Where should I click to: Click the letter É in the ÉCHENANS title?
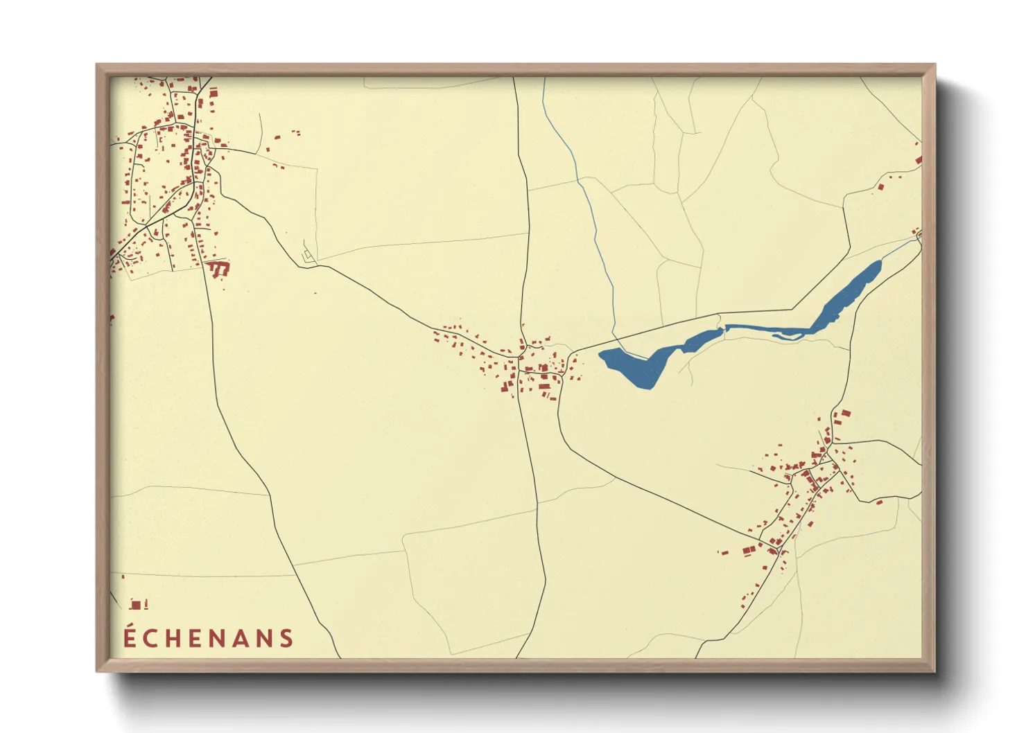pyautogui.click(x=130, y=637)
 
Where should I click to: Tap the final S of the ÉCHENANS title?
pyautogui.click(x=286, y=638)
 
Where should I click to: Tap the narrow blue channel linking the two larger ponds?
pyautogui.click(x=763, y=328)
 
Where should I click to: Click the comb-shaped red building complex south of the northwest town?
pyautogui.click(x=219, y=268)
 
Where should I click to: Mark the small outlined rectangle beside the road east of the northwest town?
pyautogui.click(x=308, y=257)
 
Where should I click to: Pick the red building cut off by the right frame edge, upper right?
pyautogui.click(x=919, y=160)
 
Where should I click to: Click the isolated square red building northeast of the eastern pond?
pyautogui.click(x=881, y=186)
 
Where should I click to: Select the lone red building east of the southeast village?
pyautogui.click(x=879, y=502)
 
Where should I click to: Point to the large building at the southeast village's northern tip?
pyautogui.click(x=845, y=414)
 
